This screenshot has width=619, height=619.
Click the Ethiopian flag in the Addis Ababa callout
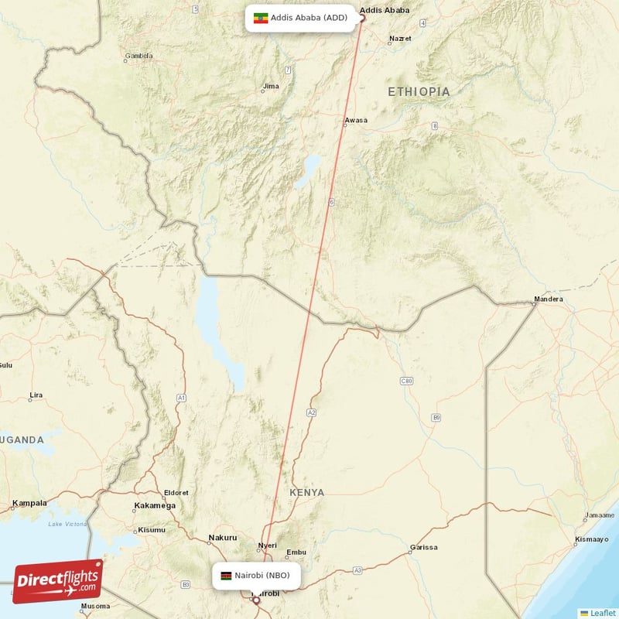coord(261,18)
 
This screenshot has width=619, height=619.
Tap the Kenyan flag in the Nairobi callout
coord(226,576)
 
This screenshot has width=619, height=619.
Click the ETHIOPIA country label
coord(419,92)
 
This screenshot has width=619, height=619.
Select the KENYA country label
coord(307,492)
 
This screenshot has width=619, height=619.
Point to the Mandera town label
coord(549,299)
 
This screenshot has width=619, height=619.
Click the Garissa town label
coord(423,546)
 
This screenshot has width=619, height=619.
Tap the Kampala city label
coord(29,504)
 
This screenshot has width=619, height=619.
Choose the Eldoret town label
coord(176,493)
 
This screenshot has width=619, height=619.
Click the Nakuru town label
coord(222,538)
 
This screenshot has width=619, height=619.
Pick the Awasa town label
coord(356,121)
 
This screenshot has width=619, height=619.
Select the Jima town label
coord(271,86)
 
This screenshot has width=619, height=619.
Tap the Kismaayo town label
coord(592,539)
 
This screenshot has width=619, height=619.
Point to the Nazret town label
coord(401,38)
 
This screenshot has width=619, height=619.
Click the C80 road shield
coord(407,381)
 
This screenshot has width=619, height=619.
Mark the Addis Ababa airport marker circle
coord(361,18)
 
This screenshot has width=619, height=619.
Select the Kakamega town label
coord(155,505)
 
